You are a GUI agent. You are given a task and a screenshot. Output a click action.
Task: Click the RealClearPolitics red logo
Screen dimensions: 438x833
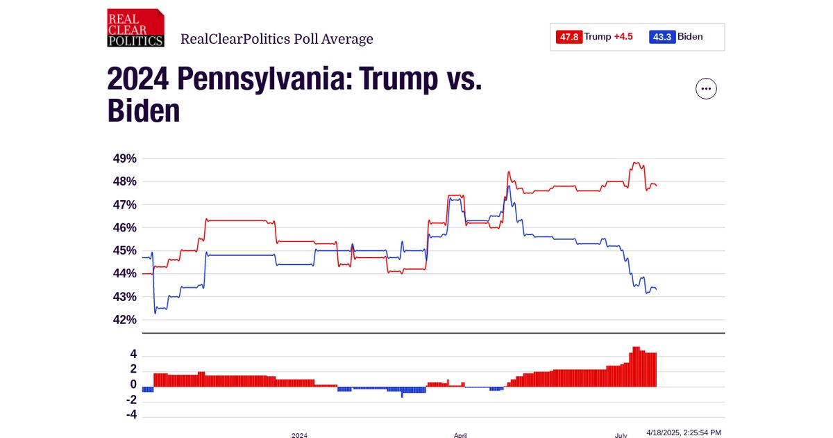[x=135, y=29]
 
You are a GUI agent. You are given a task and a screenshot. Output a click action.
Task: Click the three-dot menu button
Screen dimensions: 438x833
[x=706, y=89]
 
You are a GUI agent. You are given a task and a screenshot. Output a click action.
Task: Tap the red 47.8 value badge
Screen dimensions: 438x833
[x=569, y=37]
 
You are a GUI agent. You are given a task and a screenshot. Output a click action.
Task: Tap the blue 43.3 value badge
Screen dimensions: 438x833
[x=662, y=37]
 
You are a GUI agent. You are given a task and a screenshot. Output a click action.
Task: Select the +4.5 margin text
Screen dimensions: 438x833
[x=623, y=37]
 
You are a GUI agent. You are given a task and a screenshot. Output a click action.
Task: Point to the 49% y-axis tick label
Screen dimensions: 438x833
[x=125, y=159]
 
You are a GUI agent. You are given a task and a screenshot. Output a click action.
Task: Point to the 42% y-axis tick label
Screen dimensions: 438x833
[x=125, y=320]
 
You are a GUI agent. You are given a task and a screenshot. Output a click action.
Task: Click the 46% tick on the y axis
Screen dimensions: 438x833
[x=125, y=228]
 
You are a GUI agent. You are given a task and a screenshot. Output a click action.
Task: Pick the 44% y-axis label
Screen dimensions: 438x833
[x=125, y=274]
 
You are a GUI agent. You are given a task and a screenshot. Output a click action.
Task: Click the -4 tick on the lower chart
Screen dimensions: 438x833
[x=130, y=415]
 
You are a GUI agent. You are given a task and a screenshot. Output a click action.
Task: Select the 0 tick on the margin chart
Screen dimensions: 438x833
[x=133, y=385]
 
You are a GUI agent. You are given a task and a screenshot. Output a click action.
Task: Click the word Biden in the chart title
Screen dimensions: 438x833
[x=144, y=111]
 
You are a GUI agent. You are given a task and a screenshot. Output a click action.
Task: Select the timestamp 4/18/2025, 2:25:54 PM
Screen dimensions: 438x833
[x=684, y=432]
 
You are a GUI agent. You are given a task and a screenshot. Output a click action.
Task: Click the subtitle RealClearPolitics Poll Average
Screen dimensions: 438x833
[x=276, y=39]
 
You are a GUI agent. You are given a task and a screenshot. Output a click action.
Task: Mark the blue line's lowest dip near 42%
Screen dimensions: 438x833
[x=155, y=313]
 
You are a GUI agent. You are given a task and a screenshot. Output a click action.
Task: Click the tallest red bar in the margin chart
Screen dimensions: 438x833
[x=636, y=366]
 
